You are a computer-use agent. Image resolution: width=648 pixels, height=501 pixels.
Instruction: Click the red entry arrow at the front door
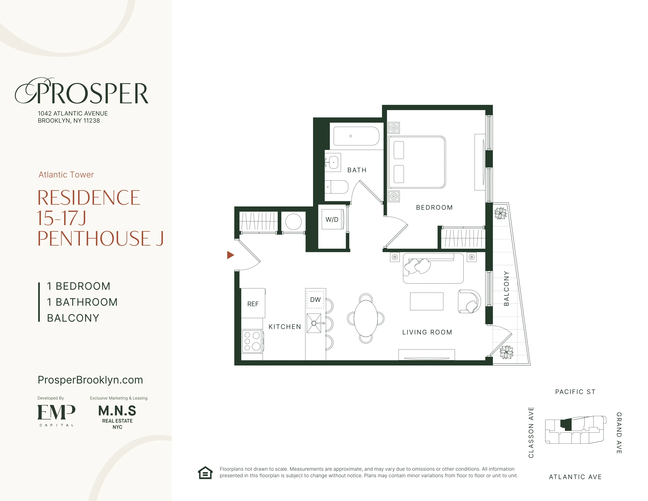[230, 255]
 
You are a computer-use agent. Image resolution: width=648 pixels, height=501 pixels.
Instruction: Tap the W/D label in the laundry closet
[332, 220]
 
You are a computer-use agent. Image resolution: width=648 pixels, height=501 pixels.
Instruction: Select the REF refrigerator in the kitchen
[253, 304]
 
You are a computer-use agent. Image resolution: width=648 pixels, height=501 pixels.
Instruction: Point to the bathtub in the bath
[356, 136]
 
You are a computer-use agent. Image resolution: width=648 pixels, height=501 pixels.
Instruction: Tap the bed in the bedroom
[417, 162]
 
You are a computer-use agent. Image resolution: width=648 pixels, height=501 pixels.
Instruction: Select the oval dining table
[366, 318]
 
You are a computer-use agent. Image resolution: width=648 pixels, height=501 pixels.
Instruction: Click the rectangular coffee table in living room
[426, 301]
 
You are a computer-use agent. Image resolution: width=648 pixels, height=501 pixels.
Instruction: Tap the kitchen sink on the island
[314, 323]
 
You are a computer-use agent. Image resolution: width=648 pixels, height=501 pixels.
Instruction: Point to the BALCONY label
[506, 288]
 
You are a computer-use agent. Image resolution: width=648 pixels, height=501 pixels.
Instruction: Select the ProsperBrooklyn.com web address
[90, 380]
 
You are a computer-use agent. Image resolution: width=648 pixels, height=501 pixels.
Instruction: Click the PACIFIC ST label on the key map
[575, 392]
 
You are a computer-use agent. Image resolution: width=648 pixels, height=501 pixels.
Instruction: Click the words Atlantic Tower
[66, 174]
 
